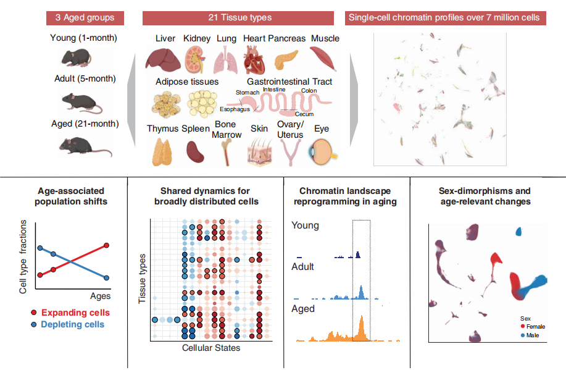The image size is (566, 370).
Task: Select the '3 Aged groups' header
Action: (85, 17)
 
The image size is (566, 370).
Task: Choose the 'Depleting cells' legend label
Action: (73, 324)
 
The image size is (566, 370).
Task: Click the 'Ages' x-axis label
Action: (101, 296)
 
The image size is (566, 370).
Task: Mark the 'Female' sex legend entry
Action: (534, 326)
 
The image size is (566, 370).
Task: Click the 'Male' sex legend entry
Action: (531, 335)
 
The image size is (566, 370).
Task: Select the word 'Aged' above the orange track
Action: (303, 309)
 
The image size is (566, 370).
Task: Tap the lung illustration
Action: (225, 61)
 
